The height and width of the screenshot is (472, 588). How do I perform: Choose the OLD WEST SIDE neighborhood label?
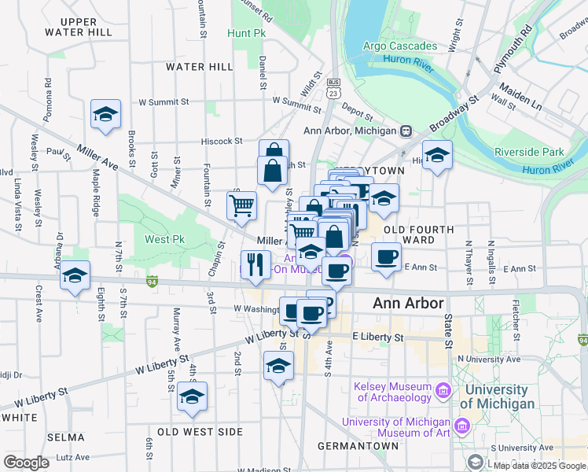pyautogui.click(x=200, y=432)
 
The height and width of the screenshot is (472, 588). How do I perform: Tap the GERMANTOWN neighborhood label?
pyautogui.click(x=358, y=446)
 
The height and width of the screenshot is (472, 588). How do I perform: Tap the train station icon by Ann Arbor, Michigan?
pyautogui.click(x=406, y=131)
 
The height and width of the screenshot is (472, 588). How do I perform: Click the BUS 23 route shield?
pyautogui.click(x=333, y=87)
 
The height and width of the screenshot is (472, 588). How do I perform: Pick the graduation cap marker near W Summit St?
pyautogui.click(x=105, y=115)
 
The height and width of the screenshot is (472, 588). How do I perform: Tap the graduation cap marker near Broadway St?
pyautogui.click(x=437, y=154)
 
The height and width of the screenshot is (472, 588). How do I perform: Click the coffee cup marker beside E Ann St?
pyautogui.click(x=385, y=256)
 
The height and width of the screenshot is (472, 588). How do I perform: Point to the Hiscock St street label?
pyautogui.click(x=221, y=141)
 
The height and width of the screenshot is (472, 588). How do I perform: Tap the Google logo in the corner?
pyautogui.click(x=26, y=463)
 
